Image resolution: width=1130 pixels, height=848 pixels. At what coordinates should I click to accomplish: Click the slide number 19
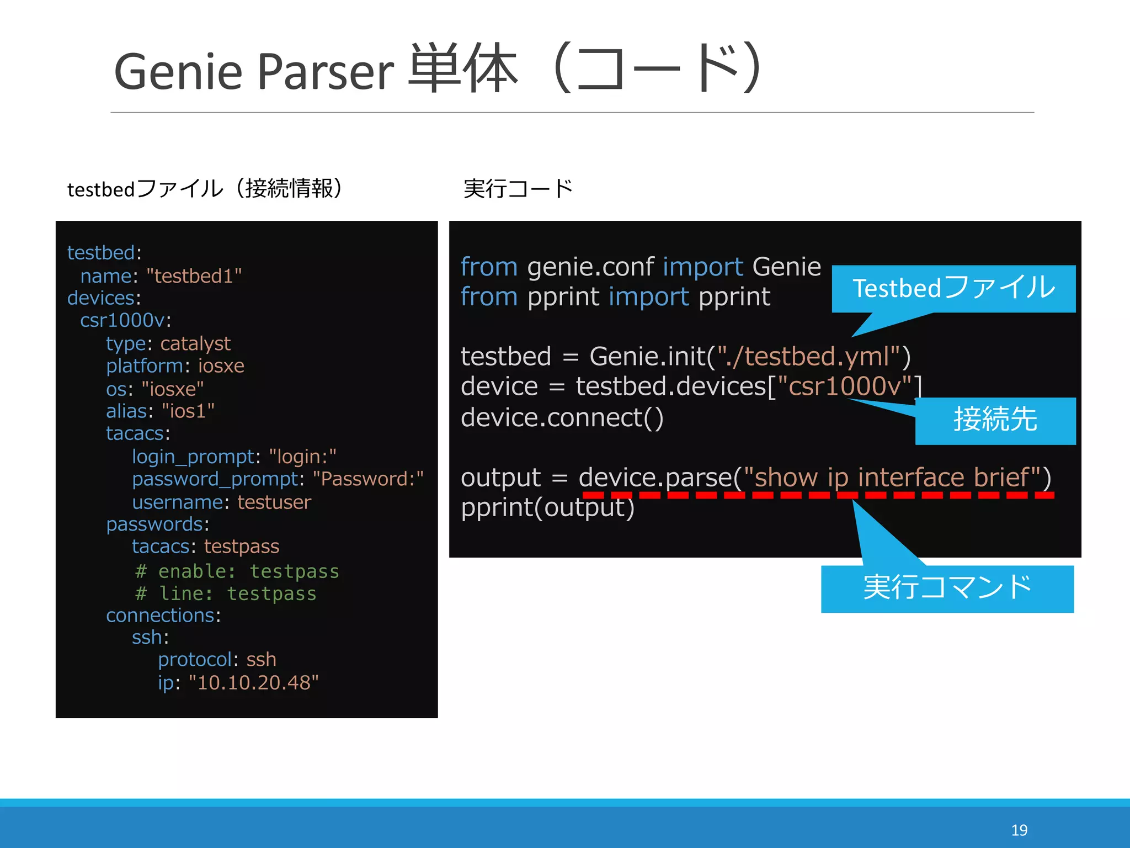tap(1019, 830)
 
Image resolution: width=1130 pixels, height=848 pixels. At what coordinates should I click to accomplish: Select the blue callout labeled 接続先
tap(995, 420)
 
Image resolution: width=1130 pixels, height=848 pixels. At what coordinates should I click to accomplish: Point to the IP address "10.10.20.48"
tap(254, 683)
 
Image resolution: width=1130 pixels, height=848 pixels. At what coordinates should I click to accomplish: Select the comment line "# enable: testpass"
tap(237, 571)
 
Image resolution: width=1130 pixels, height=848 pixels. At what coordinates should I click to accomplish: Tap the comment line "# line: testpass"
tap(226, 593)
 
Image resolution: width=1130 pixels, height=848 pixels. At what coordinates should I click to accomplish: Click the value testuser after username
tap(274, 502)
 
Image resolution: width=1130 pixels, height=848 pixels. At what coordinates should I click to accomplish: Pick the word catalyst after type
tap(195, 344)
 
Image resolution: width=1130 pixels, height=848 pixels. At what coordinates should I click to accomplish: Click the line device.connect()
tap(562, 418)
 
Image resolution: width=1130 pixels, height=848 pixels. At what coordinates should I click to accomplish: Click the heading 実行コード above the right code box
tap(518, 189)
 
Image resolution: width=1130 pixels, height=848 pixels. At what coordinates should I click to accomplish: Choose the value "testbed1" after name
tap(194, 276)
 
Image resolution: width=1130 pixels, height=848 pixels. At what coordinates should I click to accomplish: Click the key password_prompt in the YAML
tap(215, 479)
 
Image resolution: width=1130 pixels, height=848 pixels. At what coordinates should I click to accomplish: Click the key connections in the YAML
tap(160, 616)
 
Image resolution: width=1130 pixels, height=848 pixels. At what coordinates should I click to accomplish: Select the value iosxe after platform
tap(221, 366)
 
